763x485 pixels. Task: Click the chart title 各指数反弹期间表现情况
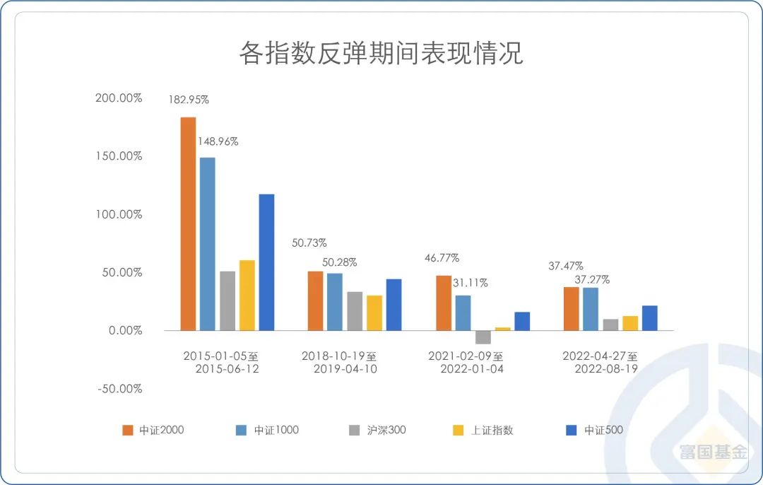point(381,54)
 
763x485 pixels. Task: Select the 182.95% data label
point(188,100)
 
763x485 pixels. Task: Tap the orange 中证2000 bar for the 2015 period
point(188,223)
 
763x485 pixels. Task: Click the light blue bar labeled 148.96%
point(208,243)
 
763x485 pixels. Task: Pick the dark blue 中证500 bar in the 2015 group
point(266,262)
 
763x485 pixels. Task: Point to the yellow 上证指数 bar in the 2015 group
point(247,295)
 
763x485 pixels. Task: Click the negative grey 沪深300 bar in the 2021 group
point(483,337)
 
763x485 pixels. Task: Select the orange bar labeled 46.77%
point(444,303)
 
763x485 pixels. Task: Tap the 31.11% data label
point(470,283)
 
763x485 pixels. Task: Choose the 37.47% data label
point(566,266)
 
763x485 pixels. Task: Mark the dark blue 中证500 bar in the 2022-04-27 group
point(649,317)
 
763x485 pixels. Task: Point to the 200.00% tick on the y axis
point(119,98)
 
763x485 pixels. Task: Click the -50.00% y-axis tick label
point(119,388)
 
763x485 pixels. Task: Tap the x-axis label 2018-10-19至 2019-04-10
point(340,362)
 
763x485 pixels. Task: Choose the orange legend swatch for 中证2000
point(128,430)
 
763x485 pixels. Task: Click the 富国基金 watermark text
point(713,451)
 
